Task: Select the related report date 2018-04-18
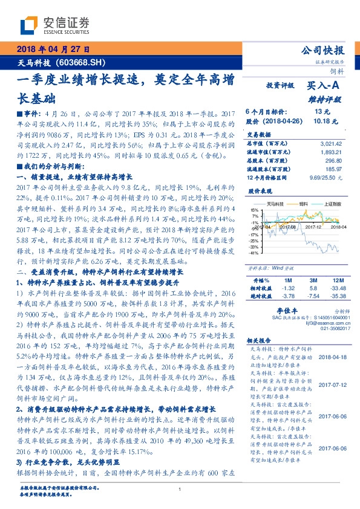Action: [331, 357]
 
